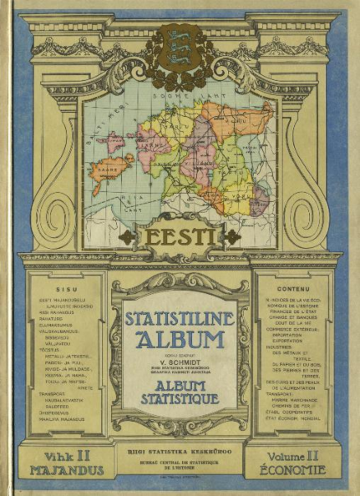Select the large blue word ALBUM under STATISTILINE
tap(180, 339)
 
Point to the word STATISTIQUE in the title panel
tap(180, 399)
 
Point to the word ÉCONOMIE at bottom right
tap(293, 470)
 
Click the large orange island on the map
tap(112, 170)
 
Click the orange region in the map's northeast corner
tap(246, 116)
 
